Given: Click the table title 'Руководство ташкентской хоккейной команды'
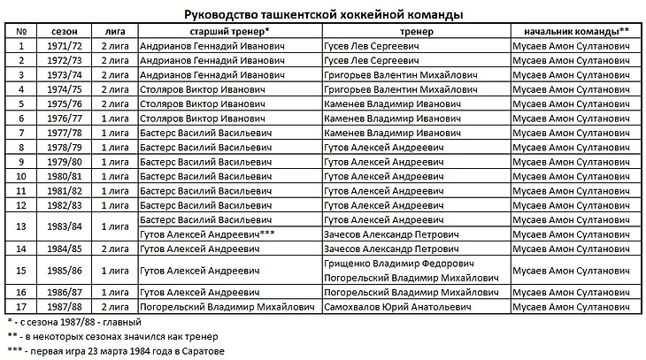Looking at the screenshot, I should coord(323,14).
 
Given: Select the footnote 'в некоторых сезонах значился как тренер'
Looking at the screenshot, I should coord(119,337).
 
